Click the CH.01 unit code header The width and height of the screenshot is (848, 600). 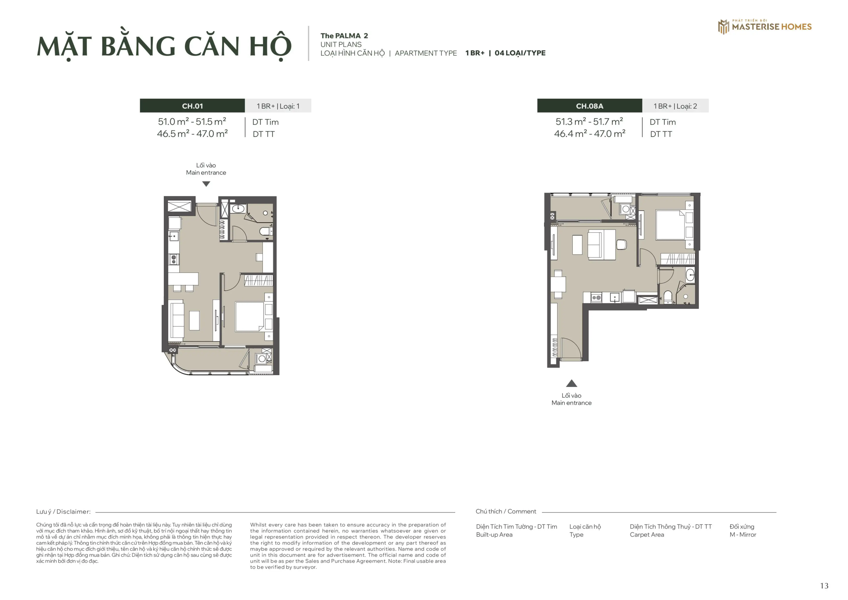point(192,106)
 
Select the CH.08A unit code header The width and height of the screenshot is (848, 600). point(590,106)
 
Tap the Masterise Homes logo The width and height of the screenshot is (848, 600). point(765,26)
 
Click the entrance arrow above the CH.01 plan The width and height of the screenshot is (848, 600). point(206,184)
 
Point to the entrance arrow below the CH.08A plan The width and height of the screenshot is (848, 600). point(571,384)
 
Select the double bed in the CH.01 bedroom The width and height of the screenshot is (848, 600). point(250,317)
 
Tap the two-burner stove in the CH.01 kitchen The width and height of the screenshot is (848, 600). point(174,259)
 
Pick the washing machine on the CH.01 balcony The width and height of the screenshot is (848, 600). point(262,358)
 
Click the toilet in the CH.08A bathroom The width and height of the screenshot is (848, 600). point(668,297)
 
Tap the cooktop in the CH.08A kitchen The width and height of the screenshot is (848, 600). point(596,298)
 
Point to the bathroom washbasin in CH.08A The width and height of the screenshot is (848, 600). point(690,275)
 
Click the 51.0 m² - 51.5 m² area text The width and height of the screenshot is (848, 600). point(192,122)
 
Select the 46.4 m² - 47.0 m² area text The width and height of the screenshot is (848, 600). point(590,134)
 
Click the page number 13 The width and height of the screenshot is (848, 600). point(824,586)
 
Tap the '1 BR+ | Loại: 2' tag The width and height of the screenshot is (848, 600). point(675,106)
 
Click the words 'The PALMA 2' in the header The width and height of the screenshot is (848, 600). point(344,36)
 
